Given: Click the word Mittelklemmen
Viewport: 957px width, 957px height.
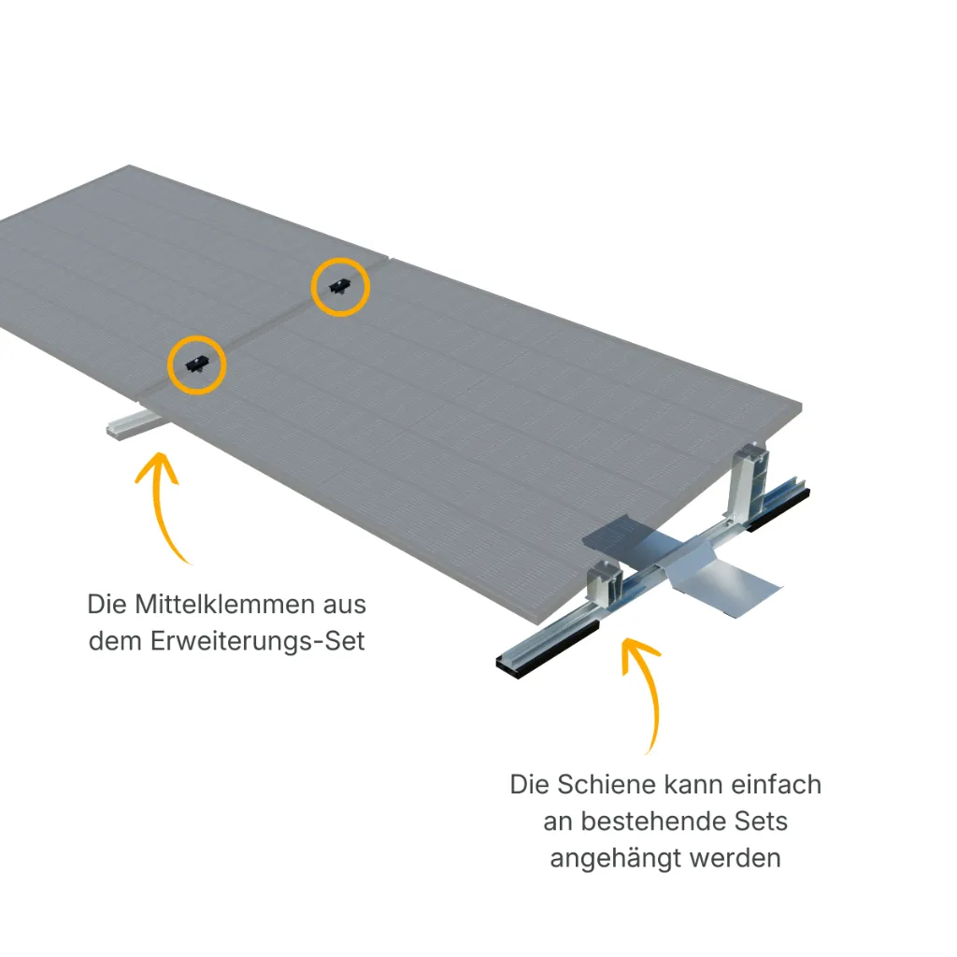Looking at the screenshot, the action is click(x=224, y=605).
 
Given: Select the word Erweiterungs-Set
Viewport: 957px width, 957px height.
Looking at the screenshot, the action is click(x=258, y=641).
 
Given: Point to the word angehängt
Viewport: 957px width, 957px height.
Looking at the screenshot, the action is click(x=617, y=860).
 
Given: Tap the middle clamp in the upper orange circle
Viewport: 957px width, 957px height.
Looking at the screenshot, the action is click(x=339, y=286).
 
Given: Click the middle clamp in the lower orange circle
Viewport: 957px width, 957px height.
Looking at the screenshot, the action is click(x=196, y=364).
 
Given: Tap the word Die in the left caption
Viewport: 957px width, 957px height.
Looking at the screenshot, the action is click(x=107, y=605).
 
